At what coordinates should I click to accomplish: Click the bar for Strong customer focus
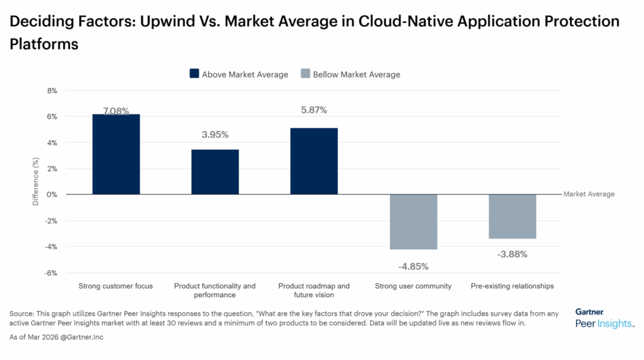tap(116, 154)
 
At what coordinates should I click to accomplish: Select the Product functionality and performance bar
tap(215, 172)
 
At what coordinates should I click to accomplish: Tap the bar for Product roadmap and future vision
tap(314, 161)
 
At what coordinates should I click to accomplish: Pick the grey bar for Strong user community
tap(413, 222)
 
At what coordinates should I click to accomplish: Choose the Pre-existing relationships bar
tap(513, 217)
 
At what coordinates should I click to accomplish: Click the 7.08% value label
tap(116, 111)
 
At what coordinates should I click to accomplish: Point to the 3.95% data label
tap(215, 135)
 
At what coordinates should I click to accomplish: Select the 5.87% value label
tap(314, 110)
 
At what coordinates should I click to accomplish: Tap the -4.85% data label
tap(413, 266)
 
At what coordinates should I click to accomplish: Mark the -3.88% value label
tap(513, 255)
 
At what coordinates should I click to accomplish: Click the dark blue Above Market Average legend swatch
tap(194, 74)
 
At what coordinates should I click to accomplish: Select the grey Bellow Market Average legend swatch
tap(305, 74)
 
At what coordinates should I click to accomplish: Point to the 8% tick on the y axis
tap(52, 91)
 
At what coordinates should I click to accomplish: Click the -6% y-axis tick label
tap(51, 273)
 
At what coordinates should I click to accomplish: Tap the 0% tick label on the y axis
tap(52, 194)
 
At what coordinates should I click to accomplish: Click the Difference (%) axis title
tap(36, 182)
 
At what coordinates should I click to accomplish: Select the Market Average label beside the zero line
tap(589, 194)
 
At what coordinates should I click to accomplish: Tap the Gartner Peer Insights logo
tap(604, 318)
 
